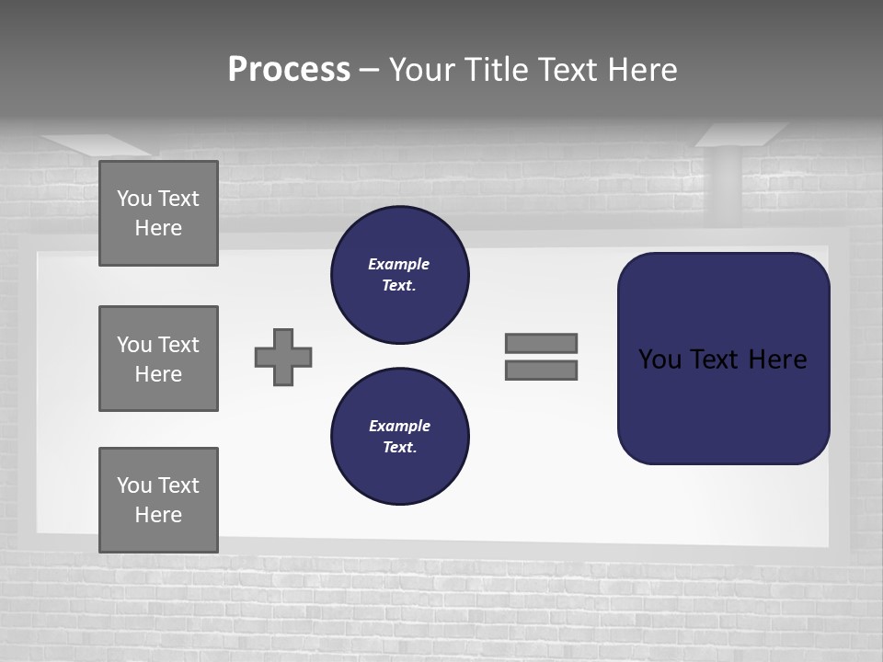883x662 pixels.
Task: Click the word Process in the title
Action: [x=289, y=70]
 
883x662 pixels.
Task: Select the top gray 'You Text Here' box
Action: [x=158, y=213]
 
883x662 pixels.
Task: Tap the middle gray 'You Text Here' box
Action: [x=158, y=359]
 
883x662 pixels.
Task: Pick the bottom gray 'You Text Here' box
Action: [x=158, y=500]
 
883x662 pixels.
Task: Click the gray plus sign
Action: [x=283, y=357]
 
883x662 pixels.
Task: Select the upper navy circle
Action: [x=399, y=275]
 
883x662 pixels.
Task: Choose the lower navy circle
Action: [x=399, y=437]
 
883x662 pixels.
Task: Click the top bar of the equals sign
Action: [x=542, y=343]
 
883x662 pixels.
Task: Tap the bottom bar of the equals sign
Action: [x=542, y=371]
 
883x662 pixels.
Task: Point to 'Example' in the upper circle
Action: [x=398, y=264]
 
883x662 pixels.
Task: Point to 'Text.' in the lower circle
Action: [x=399, y=448]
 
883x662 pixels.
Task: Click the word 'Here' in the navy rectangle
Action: [x=777, y=360]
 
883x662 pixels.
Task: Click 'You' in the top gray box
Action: [x=133, y=199]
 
